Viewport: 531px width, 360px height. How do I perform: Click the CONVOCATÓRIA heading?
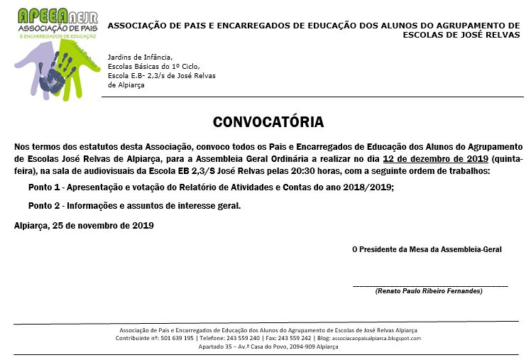pos(268,121)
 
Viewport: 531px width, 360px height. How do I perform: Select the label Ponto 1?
pos(43,187)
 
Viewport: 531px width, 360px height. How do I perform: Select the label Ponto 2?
pos(43,206)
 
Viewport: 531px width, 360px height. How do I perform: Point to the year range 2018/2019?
pos(366,187)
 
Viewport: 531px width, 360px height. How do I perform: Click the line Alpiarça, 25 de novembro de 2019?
pos(84,225)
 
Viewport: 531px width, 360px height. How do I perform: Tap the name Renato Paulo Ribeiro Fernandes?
pos(429,291)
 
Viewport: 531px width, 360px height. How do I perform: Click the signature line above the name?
pos(430,285)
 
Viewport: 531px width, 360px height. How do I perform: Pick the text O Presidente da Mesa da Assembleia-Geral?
pos(427,249)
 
